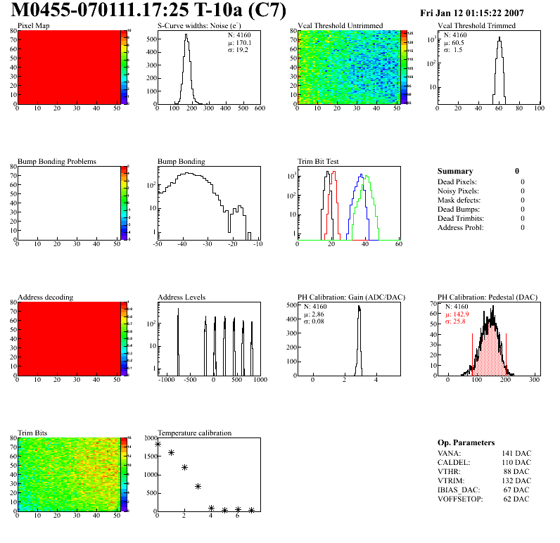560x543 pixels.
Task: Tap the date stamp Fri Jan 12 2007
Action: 482,13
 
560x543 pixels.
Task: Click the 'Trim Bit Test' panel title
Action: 319,162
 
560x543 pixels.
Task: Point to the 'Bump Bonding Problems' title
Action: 56,162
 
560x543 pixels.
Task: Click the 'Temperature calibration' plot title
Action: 194,433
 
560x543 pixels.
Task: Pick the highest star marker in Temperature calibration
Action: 158,445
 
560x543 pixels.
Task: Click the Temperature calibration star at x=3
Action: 198,486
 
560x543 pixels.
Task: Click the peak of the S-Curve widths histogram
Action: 186,36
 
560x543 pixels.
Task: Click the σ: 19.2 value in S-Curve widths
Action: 234,50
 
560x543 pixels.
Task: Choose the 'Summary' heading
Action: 455,171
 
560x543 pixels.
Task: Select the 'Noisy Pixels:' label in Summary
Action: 458,191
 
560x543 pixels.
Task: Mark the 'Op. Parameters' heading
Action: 466,442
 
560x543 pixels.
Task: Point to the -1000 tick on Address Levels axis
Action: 167,380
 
